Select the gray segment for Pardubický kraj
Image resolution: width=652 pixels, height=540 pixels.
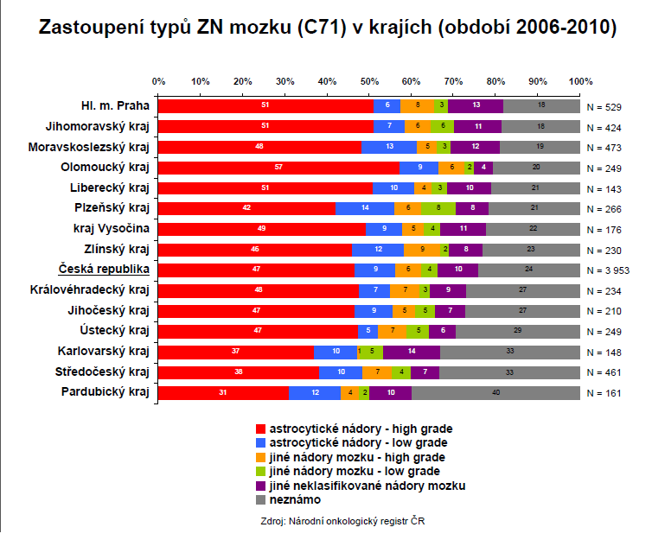point(495,393)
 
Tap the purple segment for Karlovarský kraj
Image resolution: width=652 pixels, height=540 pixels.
point(412,352)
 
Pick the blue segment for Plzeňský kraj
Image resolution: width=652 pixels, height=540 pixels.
point(364,208)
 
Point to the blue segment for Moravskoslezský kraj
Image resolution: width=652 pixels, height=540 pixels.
point(388,147)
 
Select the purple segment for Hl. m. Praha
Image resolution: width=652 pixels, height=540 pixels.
point(476,106)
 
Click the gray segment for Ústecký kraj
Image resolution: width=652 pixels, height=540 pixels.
point(517,331)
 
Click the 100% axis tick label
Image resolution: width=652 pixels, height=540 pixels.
point(578,81)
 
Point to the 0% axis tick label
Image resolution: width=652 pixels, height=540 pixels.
point(159,81)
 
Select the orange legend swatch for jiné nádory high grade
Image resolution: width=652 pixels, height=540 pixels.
point(261,457)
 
